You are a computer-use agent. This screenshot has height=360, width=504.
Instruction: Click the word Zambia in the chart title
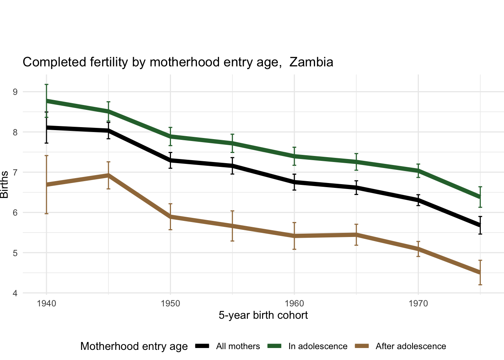[311, 62]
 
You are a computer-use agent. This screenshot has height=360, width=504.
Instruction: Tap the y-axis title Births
[4, 184]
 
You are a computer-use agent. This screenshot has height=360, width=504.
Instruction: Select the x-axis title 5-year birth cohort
[263, 315]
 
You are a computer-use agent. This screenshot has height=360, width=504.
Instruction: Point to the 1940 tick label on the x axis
[46, 303]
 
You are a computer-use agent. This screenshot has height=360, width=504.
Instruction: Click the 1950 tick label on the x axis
[170, 303]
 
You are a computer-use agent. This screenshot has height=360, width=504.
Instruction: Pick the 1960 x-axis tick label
[294, 303]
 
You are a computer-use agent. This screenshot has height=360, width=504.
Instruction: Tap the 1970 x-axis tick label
[418, 303]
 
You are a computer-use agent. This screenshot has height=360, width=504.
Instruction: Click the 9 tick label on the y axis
[15, 92]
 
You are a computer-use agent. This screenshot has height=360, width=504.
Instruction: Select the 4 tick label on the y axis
[15, 293]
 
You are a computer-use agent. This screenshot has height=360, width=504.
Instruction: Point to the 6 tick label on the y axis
[15, 213]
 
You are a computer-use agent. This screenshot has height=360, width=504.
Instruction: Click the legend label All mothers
[238, 346]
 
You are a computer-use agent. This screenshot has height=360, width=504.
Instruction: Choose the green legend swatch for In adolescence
[274, 346]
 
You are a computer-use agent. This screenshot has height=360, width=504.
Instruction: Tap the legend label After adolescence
[411, 346]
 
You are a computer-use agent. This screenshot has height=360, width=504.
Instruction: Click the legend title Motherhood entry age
[134, 346]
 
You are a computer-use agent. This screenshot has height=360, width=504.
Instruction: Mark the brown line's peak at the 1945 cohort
[108, 175]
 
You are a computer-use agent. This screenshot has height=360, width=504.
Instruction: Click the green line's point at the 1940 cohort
[46, 101]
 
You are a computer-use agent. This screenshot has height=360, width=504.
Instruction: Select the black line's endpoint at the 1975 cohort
[480, 225]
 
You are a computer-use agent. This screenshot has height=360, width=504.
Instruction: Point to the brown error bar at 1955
[232, 226]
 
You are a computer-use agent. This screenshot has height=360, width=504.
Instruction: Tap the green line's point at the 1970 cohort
[418, 171]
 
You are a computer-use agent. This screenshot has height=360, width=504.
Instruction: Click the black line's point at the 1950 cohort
[170, 160]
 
